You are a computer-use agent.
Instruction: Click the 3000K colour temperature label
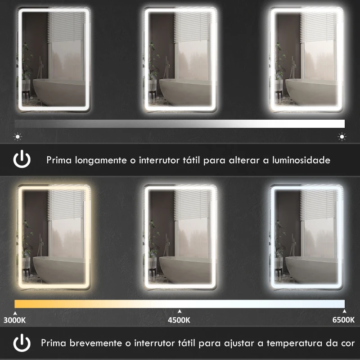(15, 320)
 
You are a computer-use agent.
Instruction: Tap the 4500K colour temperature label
(180, 320)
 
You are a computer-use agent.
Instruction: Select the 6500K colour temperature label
(343, 320)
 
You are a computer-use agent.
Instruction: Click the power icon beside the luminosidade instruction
(22, 160)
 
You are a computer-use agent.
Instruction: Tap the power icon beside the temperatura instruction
(22, 343)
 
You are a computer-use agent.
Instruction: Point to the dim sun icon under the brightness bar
(17, 136)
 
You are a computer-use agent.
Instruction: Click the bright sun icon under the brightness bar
(342, 136)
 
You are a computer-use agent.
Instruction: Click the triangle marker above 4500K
(180, 311)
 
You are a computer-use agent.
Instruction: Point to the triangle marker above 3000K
(15, 311)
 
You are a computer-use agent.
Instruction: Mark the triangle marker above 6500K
(344, 311)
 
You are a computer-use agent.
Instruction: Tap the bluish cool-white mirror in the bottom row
(306, 236)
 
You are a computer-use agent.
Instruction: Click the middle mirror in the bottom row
(180, 236)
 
